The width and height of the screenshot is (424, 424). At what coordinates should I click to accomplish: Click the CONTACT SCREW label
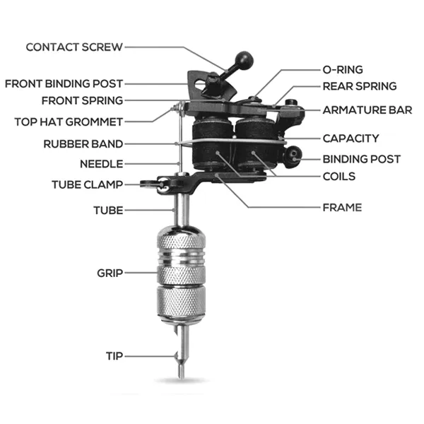[73, 47]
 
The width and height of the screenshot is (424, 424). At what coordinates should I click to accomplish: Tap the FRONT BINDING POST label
[64, 83]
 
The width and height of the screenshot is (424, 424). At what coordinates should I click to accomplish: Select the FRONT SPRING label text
[82, 100]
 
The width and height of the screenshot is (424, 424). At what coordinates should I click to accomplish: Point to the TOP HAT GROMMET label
[69, 122]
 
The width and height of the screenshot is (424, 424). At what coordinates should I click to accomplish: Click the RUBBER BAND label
[83, 143]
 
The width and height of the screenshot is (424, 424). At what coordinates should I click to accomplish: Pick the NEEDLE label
[101, 164]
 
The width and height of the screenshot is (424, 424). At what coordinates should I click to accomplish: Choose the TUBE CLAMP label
[87, 184]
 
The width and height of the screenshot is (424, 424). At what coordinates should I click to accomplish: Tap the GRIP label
[110, 272]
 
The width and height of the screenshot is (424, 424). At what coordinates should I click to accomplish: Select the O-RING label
[343, 69]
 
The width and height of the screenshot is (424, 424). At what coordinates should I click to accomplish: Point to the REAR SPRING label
[360, 86]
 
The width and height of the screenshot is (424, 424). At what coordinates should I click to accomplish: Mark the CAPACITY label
[351, 139]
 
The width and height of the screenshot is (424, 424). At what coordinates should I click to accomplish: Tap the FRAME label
[342, 208]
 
